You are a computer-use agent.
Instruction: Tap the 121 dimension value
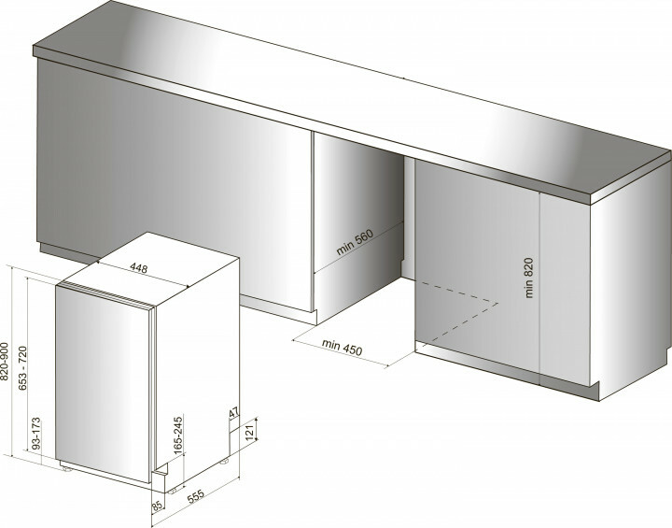pos(249,432)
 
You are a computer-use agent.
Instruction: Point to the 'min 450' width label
pos(341,350)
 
